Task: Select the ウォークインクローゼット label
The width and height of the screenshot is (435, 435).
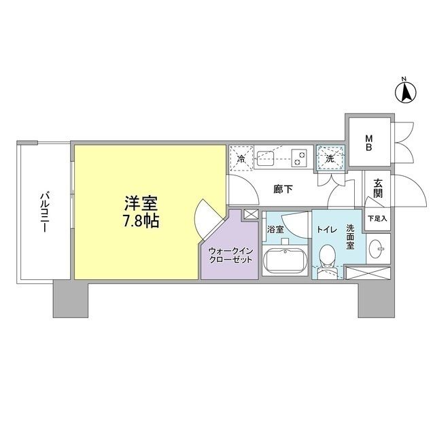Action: click(x=229, y=255)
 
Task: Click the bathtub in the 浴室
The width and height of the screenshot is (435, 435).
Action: click(x=283, y=262)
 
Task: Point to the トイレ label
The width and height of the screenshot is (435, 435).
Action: click(x=326, y=229)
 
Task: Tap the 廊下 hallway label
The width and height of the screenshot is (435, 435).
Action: click(x=283, y=190)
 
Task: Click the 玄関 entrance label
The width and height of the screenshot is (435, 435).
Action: click(x=377, y=189)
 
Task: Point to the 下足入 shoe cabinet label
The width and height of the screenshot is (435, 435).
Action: click(x=377, y=219)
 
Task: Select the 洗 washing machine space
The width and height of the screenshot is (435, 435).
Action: click(x=330, y=158)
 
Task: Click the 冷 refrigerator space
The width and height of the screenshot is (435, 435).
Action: click(x=242, y=158)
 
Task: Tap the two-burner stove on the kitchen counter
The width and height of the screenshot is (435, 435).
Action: click(x=299, y=157)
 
